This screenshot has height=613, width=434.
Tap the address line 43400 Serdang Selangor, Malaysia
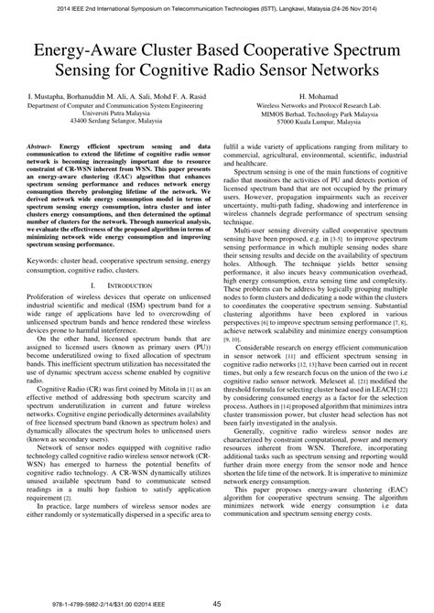(108, 121)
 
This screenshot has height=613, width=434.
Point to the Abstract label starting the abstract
(38, 146)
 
